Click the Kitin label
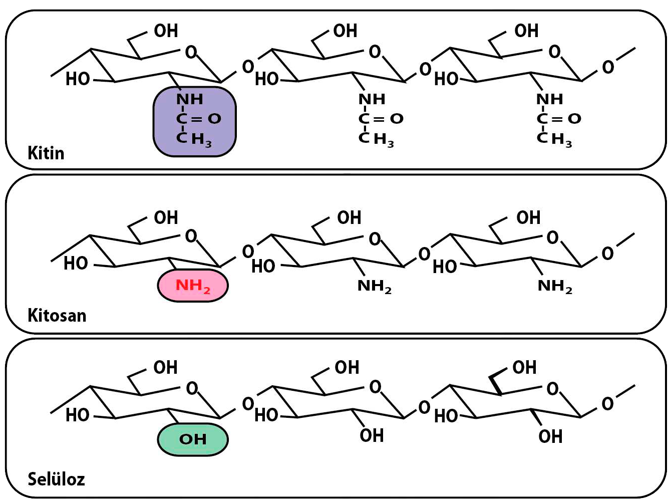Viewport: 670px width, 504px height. coord(46,153)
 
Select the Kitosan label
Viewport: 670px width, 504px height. coord(57,315)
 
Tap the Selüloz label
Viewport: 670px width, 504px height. coord(57,479)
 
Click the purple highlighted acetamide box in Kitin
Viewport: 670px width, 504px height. coord(194,122)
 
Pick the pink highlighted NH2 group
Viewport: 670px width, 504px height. coord(193,286)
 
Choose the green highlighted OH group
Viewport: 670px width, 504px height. coord(193,439)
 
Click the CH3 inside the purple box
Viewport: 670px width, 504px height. coord(194,140)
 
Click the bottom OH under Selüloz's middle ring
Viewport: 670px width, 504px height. coord(372,435)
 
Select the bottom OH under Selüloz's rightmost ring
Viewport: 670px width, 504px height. coord(550,436)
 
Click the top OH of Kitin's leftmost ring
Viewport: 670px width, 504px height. coord(166,31)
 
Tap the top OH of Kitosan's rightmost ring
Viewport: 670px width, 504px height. coord(528,217)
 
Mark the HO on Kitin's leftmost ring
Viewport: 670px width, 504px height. coord(78,79)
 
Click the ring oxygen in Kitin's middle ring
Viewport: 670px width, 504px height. coord(375,52)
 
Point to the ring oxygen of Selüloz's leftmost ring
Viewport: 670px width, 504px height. coord(192,388)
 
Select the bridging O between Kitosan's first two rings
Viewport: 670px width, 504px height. coord(248,252)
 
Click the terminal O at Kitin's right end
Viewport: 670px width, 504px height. coord(608,67)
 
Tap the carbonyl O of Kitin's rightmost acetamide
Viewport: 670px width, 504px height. coord(574,119)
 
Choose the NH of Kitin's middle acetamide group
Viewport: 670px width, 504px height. coord(372,99)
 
